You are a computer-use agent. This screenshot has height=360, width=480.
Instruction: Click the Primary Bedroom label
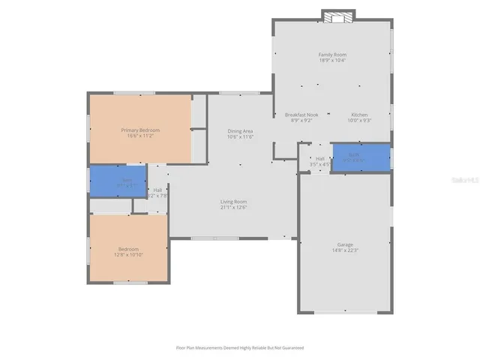click(x=141, y=130)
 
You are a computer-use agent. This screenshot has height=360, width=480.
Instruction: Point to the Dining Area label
click(x=240, y=131)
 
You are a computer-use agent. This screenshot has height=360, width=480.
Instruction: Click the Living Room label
click(x=233, y=201)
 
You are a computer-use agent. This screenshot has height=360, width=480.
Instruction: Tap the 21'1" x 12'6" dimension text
click(x=233, y=208)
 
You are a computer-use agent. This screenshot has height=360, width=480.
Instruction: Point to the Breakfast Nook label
click(x=301, y=115)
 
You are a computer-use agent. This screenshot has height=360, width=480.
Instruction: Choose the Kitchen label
click(x=360, y=115)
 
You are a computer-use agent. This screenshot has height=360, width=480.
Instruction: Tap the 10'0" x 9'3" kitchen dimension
click(x=360, y=121)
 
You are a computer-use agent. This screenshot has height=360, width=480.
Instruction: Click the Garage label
click(x=344, y=244)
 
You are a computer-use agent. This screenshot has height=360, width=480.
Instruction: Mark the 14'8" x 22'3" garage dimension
click(x=344, y=251)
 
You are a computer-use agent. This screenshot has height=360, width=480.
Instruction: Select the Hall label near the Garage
click(x=320, y=159)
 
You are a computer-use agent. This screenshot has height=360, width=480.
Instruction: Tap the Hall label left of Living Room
click(x=157, y=190)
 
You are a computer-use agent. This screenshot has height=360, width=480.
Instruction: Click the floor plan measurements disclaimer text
click(x=240, y=347)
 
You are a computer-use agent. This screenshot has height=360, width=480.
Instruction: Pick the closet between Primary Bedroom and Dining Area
click(x=199, y=112)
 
